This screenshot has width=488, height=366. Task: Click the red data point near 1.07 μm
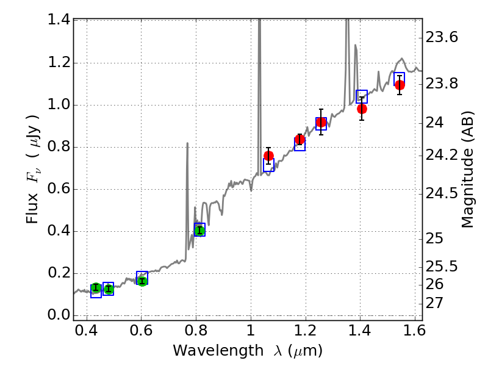pyautogui.click(x=268, y=156)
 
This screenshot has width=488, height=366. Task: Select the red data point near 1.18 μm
pyautogui.click(x=300, y=140)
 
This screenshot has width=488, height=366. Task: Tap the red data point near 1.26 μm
pyautogui.click(x=321, y=122)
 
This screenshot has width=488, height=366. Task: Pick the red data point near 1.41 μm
pyautogui.click(x=362, y=109)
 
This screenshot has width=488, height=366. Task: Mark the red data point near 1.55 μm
pyautogui.click(x=400, y=85)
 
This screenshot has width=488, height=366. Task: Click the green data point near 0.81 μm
pyautogui.click(x=199, y=230)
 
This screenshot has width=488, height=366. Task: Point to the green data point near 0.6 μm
pyautogui.click(x=142, y=281)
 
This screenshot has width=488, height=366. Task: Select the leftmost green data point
pyautogui.click(x=96, y=288)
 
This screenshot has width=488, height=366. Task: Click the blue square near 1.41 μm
pyautogui.click(x=362, y=96)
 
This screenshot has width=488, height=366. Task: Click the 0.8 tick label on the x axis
pyautogui.click(x=195, y=332)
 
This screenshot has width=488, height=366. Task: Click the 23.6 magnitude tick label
pyautogui.click(x=442, y=38)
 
